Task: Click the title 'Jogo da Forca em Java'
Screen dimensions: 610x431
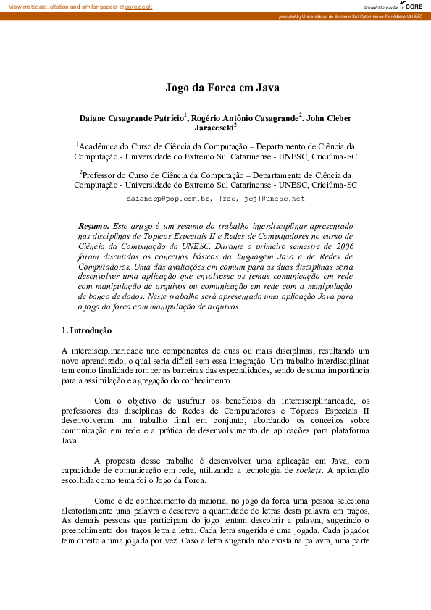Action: click(222, 88)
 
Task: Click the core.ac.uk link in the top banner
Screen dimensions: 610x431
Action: click(139, 7)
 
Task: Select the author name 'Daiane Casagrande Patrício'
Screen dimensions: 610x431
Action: click(132, 117)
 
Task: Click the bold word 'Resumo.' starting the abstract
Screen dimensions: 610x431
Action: click(93, 226)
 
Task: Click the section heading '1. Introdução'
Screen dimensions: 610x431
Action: click(86, 330)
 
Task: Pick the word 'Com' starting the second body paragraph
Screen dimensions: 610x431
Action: click(102, 400)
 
